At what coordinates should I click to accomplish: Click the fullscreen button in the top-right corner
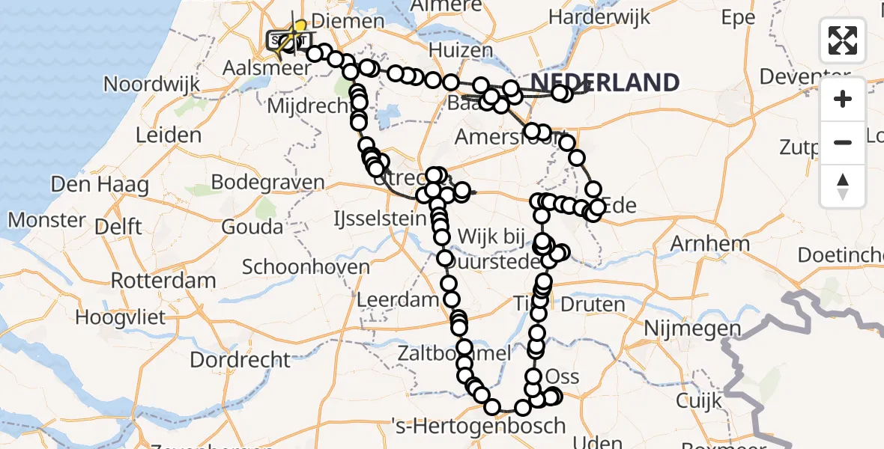(843, 40)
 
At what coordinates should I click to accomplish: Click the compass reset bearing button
(843, 186)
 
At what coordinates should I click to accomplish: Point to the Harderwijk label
(599, 16)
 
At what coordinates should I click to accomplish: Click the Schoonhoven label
(306, 266)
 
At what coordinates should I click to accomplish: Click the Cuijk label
(698, 400)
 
